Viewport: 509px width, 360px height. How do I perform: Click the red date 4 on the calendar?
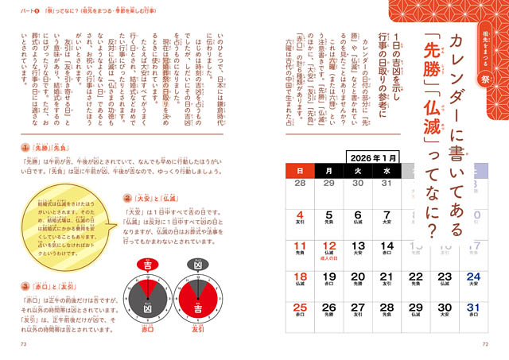point(300,215)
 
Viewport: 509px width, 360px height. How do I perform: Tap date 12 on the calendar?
point(328,246)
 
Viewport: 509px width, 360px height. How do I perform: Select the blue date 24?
point(472,277)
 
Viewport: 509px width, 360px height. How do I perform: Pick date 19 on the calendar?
point(328,277)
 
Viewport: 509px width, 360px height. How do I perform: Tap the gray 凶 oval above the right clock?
point(194,265)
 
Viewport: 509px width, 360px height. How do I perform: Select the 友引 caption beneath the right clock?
point(194,327)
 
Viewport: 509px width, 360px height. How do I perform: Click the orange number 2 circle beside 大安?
point(126,197)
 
